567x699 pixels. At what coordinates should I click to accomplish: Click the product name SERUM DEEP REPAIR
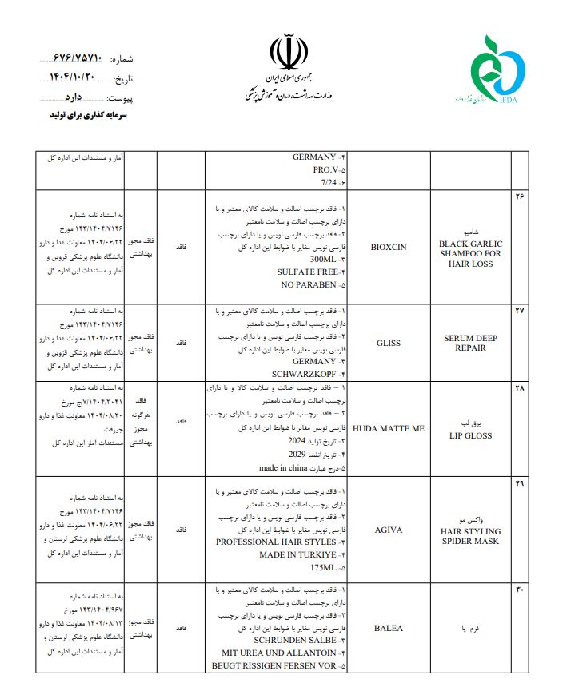(470, 343)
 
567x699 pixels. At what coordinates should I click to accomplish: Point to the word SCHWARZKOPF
(305, 374)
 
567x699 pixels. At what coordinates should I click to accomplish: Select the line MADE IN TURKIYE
(297, 554)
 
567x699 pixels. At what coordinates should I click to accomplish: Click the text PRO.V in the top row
(325, 170)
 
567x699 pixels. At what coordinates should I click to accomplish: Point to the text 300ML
(321, 260)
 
